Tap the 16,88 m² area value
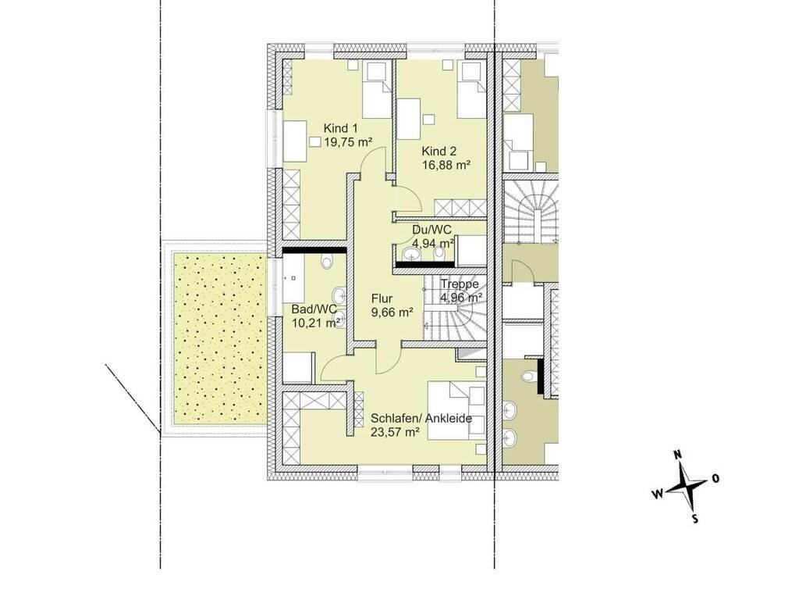pos(446,165)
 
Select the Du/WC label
pos(431,230)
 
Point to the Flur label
pos(382,299)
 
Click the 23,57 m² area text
pos(396,432)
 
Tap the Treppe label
pos(460,284)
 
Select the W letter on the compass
pos(657,494)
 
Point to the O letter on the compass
pos(716,479)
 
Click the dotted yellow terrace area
pos(219,338)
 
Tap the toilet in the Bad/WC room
pos(327,262)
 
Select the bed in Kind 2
pos(472,89)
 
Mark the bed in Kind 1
pos(377,90)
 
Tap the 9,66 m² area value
pos(392,312)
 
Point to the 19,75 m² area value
pos(347,142)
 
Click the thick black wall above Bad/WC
pos(315,250)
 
